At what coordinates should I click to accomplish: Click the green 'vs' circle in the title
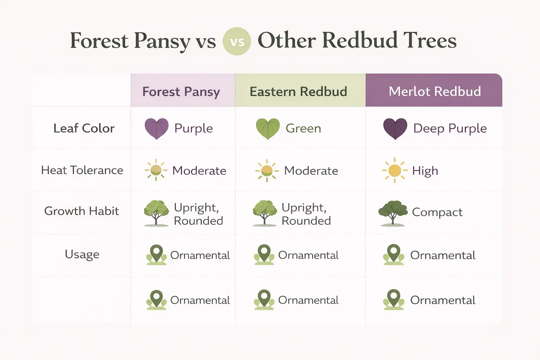point(237,41)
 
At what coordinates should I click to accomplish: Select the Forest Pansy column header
point(181,91)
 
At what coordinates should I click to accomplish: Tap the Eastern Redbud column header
point(298,91)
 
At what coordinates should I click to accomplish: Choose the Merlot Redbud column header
point(435,91)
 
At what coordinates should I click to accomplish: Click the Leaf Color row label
point(84,128)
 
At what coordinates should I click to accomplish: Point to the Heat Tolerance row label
point(82,170)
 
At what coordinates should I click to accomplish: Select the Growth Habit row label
point(82,211)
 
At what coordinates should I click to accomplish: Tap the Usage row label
point(82,254)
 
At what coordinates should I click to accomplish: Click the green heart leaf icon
point(268,129)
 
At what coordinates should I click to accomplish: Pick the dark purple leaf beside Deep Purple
point(395,129)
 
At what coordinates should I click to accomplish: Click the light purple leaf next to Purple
point(156,129)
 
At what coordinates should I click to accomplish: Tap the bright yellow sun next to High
point(394,171)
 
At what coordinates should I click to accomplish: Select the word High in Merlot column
point(425,171)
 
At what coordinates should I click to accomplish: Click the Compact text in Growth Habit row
point(437,212)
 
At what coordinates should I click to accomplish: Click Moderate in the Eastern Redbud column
point(311,171)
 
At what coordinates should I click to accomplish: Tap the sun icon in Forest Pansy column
point(156,170)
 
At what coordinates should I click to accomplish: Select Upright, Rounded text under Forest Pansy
point(198,214)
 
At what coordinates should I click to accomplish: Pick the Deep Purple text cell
point(450,129)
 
